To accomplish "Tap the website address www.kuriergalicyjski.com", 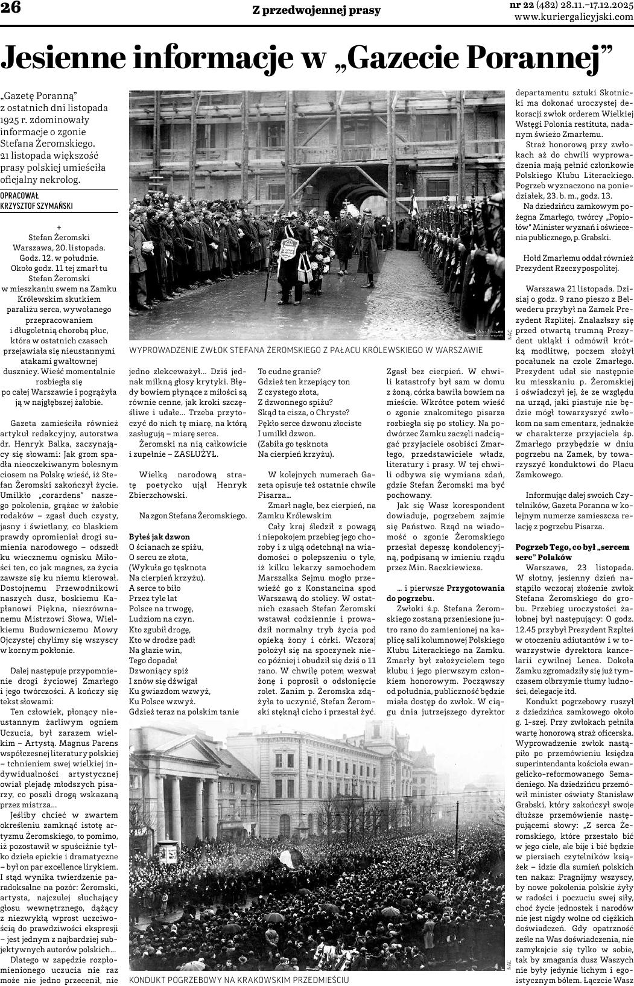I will tap(574, 17).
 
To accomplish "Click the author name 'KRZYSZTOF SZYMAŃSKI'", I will tap(37, 206).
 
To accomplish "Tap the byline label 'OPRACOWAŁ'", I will tap(19, 196).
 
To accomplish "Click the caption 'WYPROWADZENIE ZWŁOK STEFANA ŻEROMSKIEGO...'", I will tap(306, 350).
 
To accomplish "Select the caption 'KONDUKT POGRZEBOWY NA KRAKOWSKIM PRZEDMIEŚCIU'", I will tap(239, 980).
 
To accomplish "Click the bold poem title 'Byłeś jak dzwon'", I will tap(160, 536).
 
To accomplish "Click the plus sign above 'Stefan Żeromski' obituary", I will tap(59, 228).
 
